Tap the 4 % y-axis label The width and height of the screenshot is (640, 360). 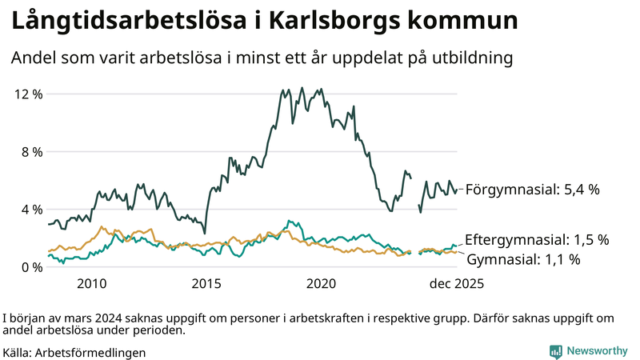(31, 209)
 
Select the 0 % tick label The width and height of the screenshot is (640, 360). (31, 266)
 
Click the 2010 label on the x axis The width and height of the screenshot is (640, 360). (91, 284)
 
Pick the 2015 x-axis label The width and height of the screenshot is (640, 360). (206, 284)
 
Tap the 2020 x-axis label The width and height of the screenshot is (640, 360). (322, 284)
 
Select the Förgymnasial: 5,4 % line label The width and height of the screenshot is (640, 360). (532, 190)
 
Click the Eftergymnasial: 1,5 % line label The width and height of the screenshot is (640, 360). (537, 239)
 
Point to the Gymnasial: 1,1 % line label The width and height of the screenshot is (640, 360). (523, 259)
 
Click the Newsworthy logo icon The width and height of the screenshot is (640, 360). (555, 351)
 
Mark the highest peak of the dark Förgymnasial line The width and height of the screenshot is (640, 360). (302, 88)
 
